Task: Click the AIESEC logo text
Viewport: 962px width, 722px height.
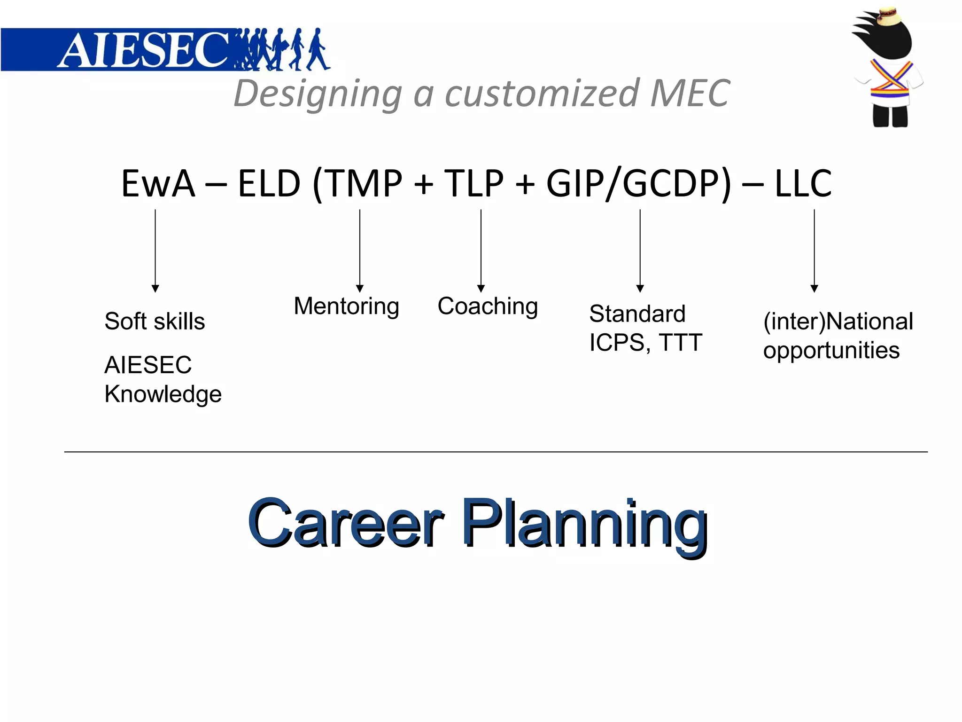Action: point(146,50)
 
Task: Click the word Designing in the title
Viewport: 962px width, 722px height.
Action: point(318,94)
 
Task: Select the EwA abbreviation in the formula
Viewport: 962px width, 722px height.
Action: point(158,183)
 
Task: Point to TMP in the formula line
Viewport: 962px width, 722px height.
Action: point(364,183)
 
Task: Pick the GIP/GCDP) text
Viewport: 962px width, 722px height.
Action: point(639,183)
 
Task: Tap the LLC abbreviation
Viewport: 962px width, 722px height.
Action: point(803,183)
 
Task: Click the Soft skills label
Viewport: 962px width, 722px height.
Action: point(155,322)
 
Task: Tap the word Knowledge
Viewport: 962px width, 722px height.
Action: point(163,394)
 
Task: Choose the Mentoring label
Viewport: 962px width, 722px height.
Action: point(346,306)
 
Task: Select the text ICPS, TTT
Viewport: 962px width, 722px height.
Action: point(645,342)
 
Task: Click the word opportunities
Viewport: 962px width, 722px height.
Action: point(831,351)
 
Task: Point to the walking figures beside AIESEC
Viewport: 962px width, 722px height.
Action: point(282,49)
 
